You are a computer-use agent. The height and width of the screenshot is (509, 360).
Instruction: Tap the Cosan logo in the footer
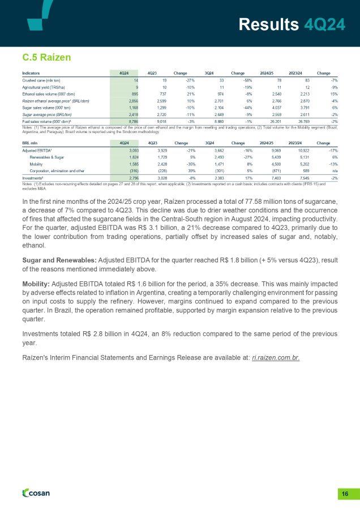tap(36, 493)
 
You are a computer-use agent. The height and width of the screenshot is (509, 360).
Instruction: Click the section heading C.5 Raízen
tap(46, 57)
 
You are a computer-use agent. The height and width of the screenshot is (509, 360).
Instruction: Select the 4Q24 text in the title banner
tap(325, 24)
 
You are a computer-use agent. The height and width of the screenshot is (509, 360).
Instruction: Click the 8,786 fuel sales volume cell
tap(125, 121)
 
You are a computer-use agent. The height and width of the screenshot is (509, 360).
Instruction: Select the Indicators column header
tap(31, 72)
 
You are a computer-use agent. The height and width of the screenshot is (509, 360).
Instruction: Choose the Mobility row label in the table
tap(37, 162)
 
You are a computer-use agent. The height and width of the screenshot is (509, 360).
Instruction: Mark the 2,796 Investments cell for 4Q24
tap(125, 178)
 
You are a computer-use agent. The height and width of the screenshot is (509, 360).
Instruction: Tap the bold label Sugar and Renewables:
tap(59, 259)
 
